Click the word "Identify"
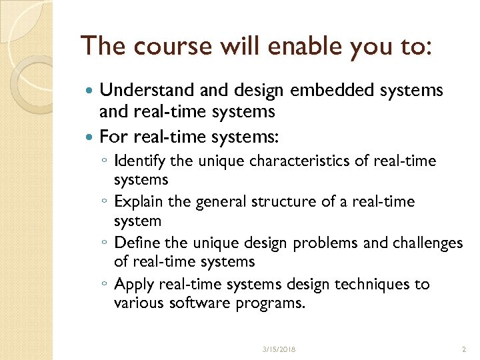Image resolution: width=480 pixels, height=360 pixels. click(x=140, y=161)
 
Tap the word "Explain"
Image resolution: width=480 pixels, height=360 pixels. click(x=141, y=201)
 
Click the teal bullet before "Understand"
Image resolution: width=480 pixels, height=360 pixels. click(x=91, y=90)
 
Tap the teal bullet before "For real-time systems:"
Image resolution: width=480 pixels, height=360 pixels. click(x=91, y=138)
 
